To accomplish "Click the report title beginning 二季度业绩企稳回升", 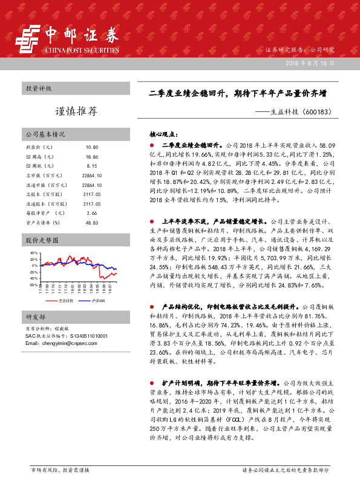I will [x=238, y=94].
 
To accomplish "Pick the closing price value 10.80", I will [x=92, y=148].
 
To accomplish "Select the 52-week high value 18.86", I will [x=92, y=156].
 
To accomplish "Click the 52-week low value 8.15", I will [x=92, y=165].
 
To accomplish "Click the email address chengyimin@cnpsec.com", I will [x=57, y=343].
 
